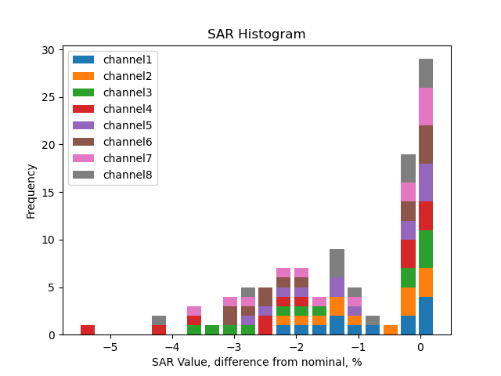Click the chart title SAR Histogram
[x=256, y=34]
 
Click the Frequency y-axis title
[x=31, y=190]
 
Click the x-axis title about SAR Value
[x=257, y=362]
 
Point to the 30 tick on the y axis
[x=48, y=50]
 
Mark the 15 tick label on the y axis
[x=48, y=193]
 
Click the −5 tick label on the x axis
[x=110, y=347]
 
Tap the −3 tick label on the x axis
[x=233, y=347]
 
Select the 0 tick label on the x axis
[x=420, y=347]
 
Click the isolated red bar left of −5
[x=88, y=330]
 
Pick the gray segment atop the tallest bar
[x=426, y=73]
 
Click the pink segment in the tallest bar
[x=426, y=107]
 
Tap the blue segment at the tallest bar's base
[x=426, y=316]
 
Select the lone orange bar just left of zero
[x=390, y=330]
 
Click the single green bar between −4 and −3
[x=212, y=330]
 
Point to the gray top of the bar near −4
[x=159, y=320]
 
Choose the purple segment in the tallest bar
[x=426, y=183]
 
